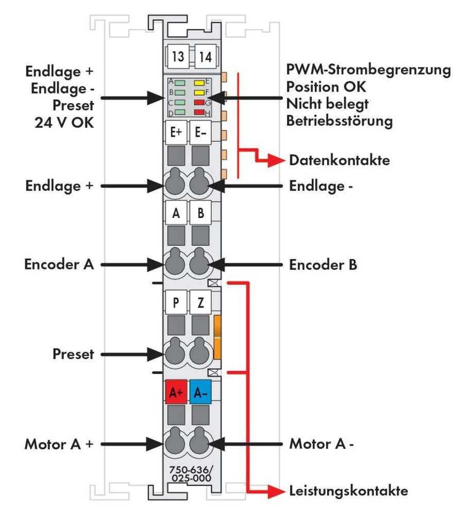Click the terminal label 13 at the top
point(178,57)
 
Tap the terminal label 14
point(205,57)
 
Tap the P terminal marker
point(176,303)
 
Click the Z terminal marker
point(200,303)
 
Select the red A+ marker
point(176,392)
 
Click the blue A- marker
point(200,392)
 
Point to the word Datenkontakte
point(339,160)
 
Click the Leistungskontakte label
point(348,490)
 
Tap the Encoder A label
point(59,265)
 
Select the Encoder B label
point(323,265)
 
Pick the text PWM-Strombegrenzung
point(369,70)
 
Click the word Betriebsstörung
point(340,122)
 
